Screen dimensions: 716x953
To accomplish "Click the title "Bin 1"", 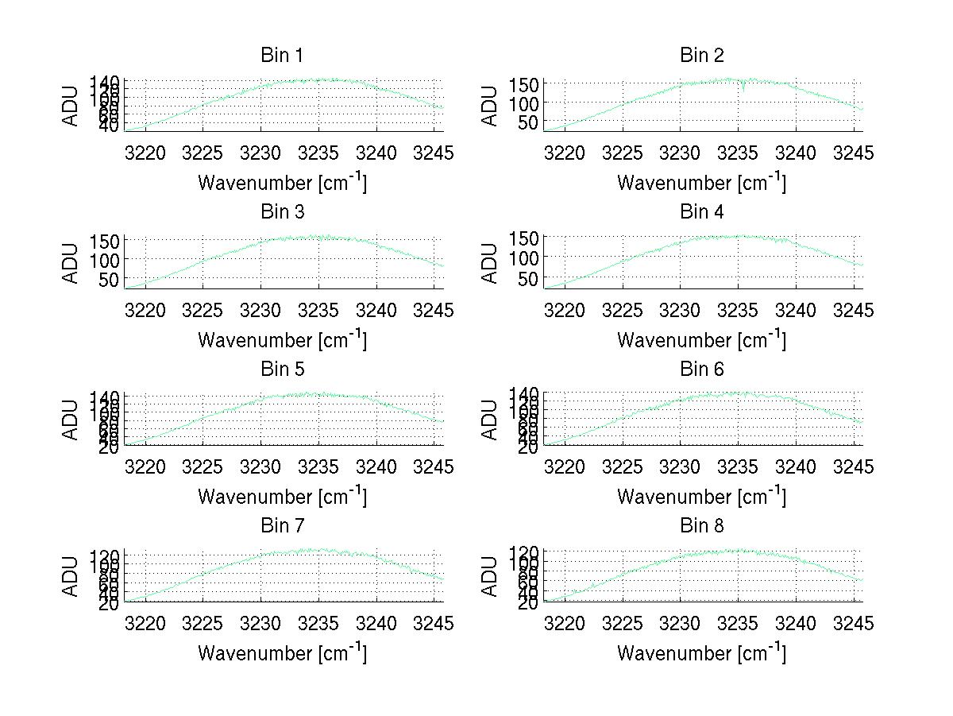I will click(x=282, y=56).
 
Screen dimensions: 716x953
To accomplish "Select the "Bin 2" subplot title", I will click(x=702, y=56).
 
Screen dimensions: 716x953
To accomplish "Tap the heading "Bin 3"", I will click(x=282, y=212).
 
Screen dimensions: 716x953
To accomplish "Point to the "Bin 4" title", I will click(x=702, y=212).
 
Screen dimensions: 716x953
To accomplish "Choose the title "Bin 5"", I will click(x=282, y=369).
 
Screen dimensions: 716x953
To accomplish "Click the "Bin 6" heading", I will click(x=702, y=369).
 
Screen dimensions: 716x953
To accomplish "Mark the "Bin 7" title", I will click(x=282, y=525).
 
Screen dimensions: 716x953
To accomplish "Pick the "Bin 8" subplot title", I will click(x=702, y=525).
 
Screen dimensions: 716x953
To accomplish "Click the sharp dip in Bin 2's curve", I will click(x=743, y=89).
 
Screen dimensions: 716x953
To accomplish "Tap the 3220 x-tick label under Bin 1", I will click(x=146, y=153).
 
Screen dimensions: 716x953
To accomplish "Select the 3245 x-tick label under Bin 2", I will click(x=854, y=153).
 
